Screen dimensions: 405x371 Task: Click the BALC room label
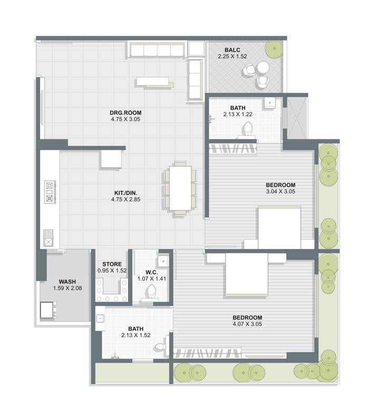(x=232, y=49)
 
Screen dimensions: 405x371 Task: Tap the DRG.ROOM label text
(x=126, y=112)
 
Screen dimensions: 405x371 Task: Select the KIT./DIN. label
(x=126, y=193)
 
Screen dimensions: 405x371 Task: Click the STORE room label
(x=112, y=264)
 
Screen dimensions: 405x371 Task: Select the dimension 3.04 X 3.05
(x=280, y=191)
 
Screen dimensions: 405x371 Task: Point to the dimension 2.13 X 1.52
(x=135, y=335)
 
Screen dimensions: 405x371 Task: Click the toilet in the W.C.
(x=152, y=292)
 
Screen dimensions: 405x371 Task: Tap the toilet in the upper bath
(x=247, y=129)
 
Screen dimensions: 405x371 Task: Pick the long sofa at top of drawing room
(x=157, y=51)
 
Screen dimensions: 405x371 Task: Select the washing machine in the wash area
(x=48, y=309)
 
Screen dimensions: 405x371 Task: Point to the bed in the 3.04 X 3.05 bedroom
(x=279, y=228)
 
